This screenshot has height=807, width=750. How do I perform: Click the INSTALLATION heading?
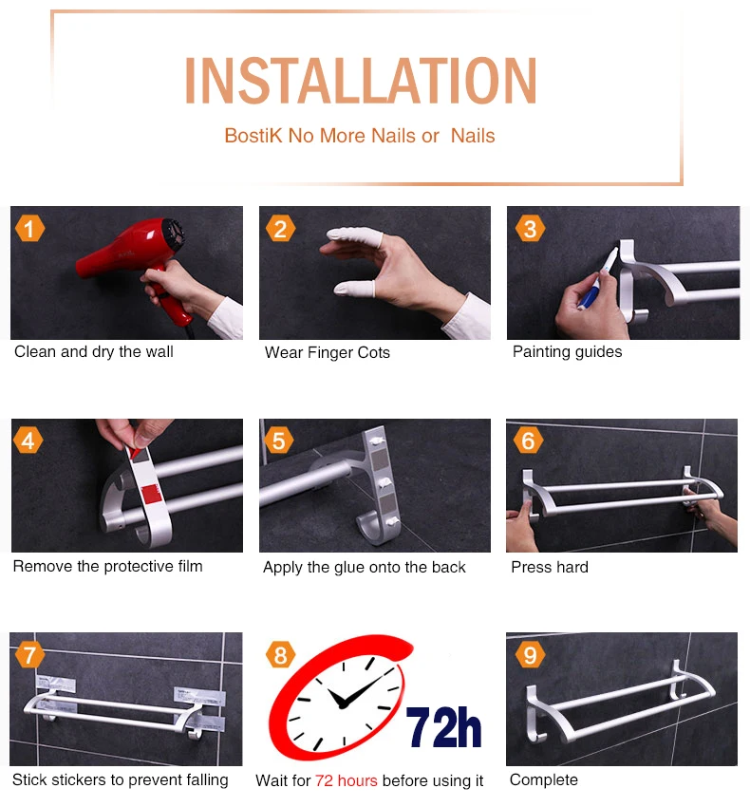point(361,81)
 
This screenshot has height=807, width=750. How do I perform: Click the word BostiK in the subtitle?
point(253,136)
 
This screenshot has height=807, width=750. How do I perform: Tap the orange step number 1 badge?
point(29,229)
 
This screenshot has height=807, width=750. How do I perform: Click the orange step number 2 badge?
point(281,229)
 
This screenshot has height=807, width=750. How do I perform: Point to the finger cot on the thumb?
point(353,289)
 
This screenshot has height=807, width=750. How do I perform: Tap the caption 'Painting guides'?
point(568,351)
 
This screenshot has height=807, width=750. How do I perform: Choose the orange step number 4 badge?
point(28,441)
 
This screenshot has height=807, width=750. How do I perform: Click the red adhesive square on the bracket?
point(150,494)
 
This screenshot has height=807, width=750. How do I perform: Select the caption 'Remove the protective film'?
point(107,566)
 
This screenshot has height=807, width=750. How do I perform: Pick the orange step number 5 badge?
point(278,441)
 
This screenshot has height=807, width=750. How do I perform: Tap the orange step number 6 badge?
point(528,441)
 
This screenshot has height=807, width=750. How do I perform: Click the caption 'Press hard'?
point(550,567)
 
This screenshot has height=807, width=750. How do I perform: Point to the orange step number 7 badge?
point(29,655)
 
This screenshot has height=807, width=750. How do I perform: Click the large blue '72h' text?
point(443,726)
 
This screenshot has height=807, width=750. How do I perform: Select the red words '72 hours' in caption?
point(347,780)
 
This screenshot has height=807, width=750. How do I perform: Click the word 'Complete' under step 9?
point(544,780)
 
